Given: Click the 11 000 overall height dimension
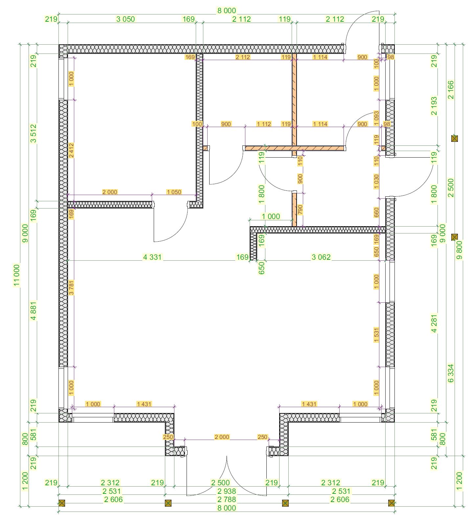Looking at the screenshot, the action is pyautogui.click(x=16, y=275).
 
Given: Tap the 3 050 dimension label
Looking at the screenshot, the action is pyautogui.click(x=125, y=19).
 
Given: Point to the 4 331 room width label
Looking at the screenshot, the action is pyautogui.click(x=152, y=257).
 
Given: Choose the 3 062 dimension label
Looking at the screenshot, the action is pyautogui.click(x=321, y=257).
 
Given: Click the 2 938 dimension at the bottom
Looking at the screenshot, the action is pyautogui.click(x=227, y=491).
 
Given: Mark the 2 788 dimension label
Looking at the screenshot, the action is pyautogui.click(x=227, y=499).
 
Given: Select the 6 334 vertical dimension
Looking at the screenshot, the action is pyautogui.click(x=451, y=373).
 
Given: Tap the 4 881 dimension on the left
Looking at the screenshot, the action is pyautogui.click(x=33, y=311).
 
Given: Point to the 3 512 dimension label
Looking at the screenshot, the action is pyautogui.click(x=33, y=133).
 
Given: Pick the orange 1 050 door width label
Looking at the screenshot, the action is pyautogui.click(x=174, y=192).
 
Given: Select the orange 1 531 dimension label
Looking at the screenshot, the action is pyautogui.click(x=376, y=335).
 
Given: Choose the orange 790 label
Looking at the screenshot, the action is pyautogui.click(x=300, y=210).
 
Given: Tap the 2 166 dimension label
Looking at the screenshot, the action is pyautogui.click(x=451, y=90).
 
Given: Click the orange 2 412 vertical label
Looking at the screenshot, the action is pyautogui.click(x=71, y=150).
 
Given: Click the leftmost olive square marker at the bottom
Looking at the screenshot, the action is pyautogui.click(x=62, y=503).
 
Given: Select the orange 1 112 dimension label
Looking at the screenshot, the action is pyautogui.click(x=264, y=124).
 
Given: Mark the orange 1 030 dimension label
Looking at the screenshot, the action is pyautogui.click(x=376, y=181).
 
